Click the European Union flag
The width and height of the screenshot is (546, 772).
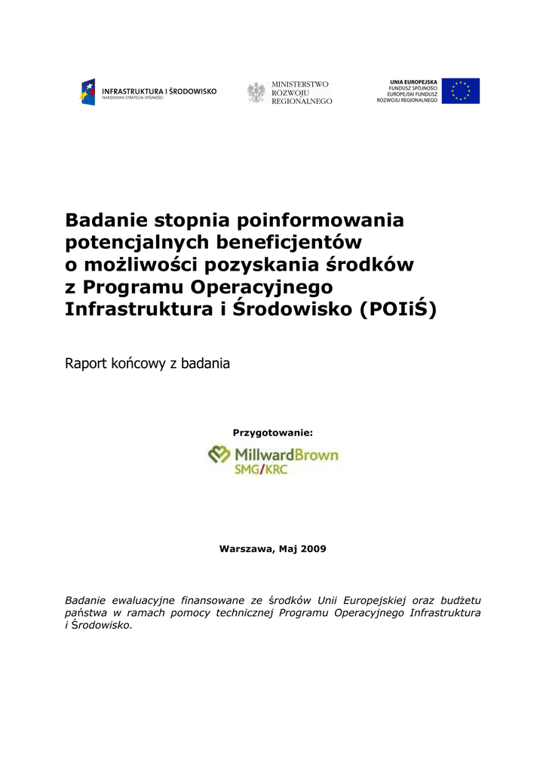pyautogui.click(x=460, y=91)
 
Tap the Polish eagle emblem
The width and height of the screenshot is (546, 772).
pyautogui.click(x=256, y=92)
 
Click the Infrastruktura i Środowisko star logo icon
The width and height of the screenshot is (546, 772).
pyautogui.click(x=88, y=92)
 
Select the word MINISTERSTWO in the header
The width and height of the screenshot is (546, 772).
pyautogui.click(x=300, y=84)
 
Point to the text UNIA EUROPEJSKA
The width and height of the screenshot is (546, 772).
pyautogui.click(x=413, y=81)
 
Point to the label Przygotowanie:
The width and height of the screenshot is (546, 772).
pyautogui.click(x=272, y=433)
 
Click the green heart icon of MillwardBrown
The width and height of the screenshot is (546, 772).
pyautogui.click(x=219, y=455)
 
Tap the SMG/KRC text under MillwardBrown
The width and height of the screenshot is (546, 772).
pyautogui.click(x=261, y=470)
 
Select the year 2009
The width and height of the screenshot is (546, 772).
pyautogui.click(x=313, y=549)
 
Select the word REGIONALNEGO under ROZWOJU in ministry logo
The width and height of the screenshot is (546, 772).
pyautogui.click(x=302, y=101)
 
